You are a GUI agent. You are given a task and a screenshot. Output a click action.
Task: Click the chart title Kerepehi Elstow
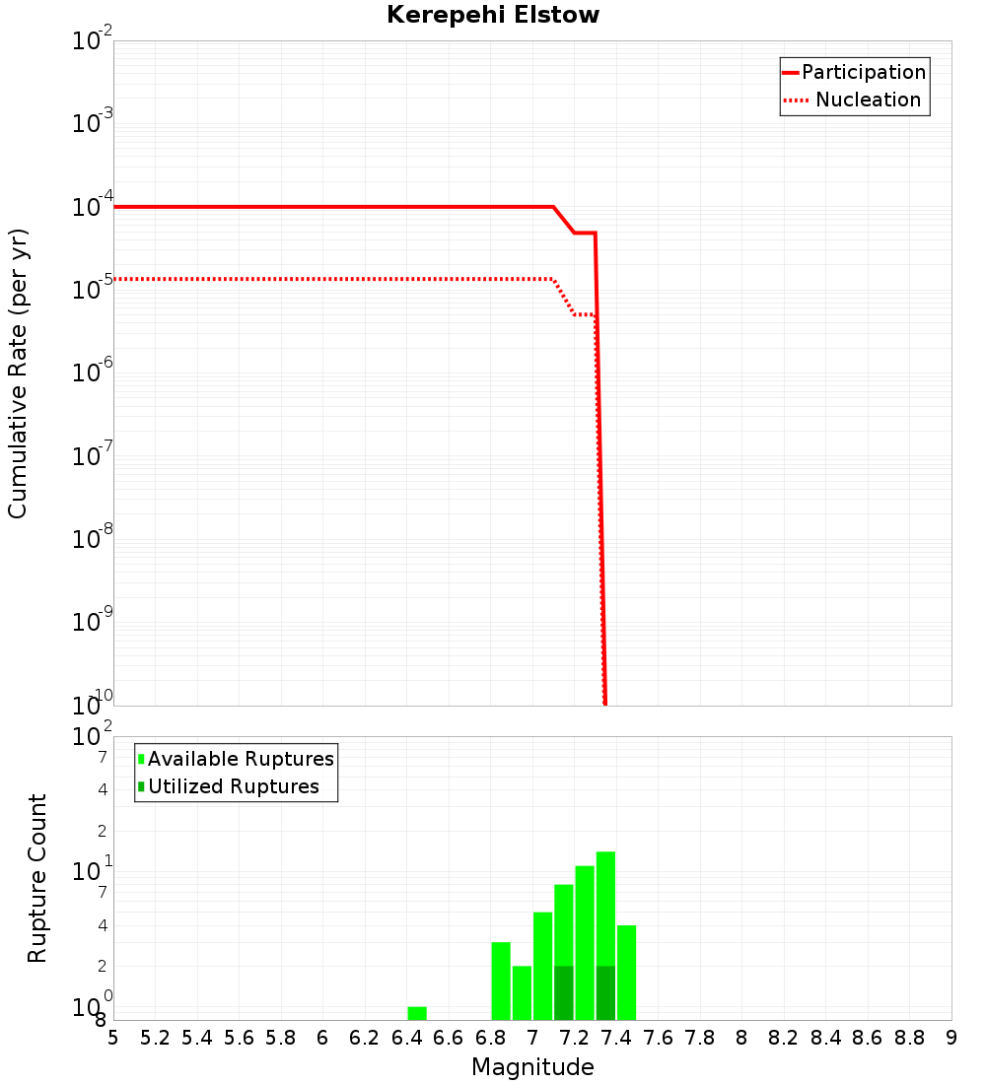pyautogui.click(x=493, y=15)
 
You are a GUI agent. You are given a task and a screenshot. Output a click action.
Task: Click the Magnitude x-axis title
pyautogui.click(x=532, y=1067)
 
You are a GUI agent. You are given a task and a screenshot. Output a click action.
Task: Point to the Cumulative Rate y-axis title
pyautogui.click(x=18, y=373)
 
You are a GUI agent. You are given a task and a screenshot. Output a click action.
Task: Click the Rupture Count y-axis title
pyautogui.click(x=37, y=877)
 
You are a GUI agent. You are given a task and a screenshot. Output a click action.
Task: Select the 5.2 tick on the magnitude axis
pyautogui.click(x=156, y=1038)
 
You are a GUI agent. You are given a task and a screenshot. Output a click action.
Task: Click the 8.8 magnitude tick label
pyautogui.click(x=909, y=1038)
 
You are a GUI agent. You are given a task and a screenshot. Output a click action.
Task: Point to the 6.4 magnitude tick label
pyautogui.click(x=407, y=1038)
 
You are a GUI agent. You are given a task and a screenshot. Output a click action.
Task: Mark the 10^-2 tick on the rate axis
pyautogui.click(x=93, y=42)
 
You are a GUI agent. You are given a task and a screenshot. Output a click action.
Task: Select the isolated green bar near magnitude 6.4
pyautogui.click(x=417, y=1013)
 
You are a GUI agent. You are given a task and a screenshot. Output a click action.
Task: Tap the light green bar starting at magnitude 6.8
pyautogui.click(x=501, y=981)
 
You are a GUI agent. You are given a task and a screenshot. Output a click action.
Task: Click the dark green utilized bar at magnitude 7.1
pyautogui.click(x=564, y=993)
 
